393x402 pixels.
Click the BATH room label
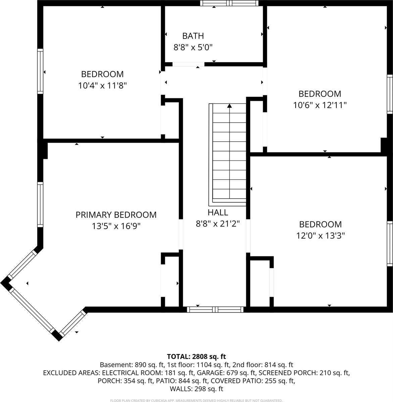click(193, 36)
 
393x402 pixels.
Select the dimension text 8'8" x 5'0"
click(193, 47)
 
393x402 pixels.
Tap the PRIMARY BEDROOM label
click(116, 215)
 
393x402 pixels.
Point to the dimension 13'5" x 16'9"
click(116, 226)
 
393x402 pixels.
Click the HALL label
click(217, 212)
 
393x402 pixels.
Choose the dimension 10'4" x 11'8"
click(102, 85)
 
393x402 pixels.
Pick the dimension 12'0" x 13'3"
click(320, 236)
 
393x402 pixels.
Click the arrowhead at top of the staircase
click(230, 106)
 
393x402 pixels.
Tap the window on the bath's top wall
click(230, 3)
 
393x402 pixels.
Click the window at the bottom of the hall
click(215, 309)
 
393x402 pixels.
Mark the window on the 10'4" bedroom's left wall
click(40, 71)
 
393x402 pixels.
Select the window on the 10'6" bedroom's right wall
click(390, 94)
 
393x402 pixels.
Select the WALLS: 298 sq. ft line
click(196, 389)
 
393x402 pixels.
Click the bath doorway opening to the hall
click(188, 64)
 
